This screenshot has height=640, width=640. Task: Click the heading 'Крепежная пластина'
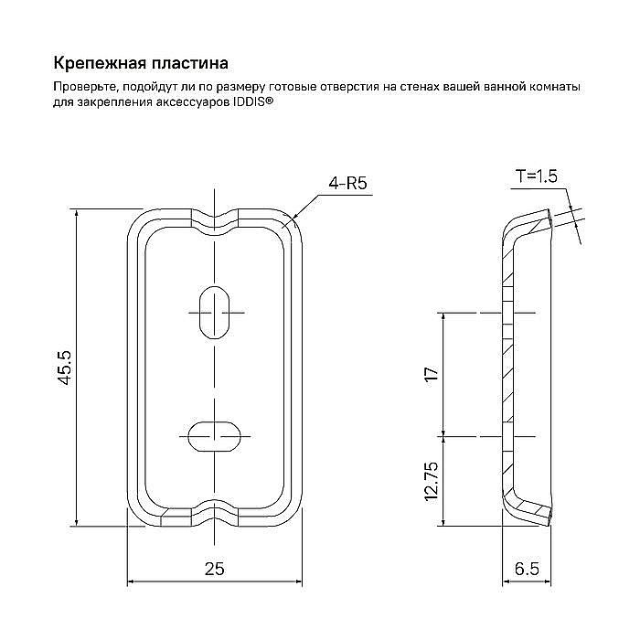[140, 64]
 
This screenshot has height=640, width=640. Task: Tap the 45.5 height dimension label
[65, 368]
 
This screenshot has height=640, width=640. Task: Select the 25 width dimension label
[214, 568]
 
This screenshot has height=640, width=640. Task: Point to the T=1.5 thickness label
[536, 176]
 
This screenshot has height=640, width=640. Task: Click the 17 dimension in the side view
[432, 373]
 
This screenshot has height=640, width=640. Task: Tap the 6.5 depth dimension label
[527, 568]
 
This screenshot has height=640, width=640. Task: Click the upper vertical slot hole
[214, 313]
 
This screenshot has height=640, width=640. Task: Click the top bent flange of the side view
[530, 222]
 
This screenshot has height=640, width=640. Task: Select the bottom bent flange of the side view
[530, 510]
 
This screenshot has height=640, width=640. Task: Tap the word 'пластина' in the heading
[187, 64]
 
